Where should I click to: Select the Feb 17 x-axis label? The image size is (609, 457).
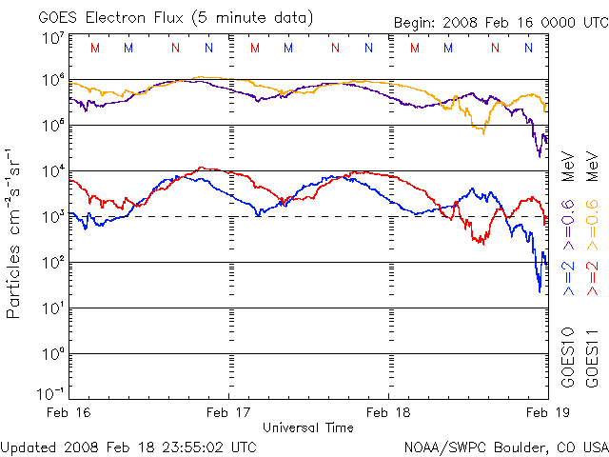(230, 412)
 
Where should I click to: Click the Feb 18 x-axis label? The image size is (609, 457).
(389, 412)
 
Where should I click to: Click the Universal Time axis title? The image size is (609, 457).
(307, 427)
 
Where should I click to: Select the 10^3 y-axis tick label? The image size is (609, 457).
(53, 217)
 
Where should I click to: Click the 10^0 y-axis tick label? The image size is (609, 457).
(53, 354)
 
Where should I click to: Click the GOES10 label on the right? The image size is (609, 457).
(568, 357)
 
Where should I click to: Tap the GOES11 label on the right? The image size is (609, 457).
(591, 357)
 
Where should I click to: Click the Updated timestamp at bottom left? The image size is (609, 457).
(128, 446)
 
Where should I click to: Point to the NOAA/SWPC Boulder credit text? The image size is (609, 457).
(505, 446)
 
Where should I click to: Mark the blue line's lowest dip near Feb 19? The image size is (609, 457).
(540, 290)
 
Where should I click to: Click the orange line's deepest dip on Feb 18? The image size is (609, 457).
(483, 132)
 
